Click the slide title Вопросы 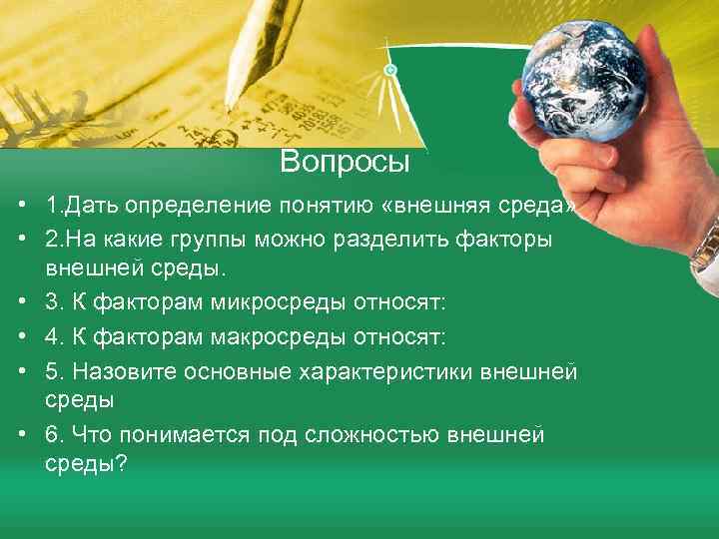pyautogui.click(x=346, y=162)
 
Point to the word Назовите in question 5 pyautogui.click(x=109, y=372)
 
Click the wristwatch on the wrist pyautogui.click(x=706, y=245)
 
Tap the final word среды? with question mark pyautogui.click(x=86, y=465)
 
